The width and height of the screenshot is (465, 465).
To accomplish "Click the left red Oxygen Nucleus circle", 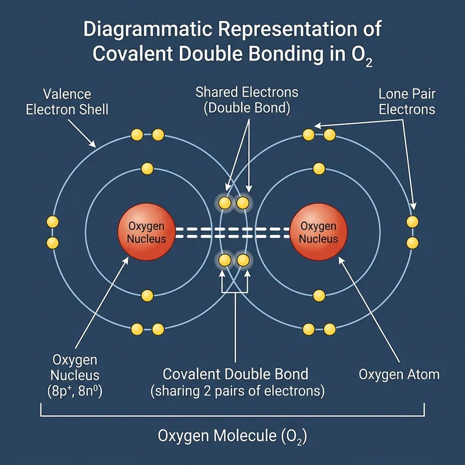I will [145, 233].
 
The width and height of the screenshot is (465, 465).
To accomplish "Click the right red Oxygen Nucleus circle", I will [317, 233].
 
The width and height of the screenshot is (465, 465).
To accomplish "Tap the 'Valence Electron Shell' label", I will [67, 101].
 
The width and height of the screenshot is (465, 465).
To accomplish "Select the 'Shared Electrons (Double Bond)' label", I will [246, 100].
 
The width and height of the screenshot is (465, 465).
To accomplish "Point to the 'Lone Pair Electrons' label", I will [406, 101].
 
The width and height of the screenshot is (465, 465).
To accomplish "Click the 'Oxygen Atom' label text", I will [399, 374].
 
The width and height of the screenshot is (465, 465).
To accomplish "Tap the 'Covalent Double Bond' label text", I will [235, 374].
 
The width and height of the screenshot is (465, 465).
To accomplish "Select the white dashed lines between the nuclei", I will [233, 233].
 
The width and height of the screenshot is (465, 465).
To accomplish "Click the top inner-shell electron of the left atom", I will [147, 169].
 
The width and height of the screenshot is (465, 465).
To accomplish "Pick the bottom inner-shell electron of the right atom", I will [319, 296].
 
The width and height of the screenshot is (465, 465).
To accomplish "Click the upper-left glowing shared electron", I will [224, 203].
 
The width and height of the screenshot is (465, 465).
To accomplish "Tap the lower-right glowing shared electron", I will [243, 260].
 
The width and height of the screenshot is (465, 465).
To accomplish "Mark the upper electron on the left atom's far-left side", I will [53, 222].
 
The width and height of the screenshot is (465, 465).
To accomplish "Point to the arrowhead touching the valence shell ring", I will [94, 146].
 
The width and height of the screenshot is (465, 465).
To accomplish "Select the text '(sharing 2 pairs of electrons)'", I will [237, 391].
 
